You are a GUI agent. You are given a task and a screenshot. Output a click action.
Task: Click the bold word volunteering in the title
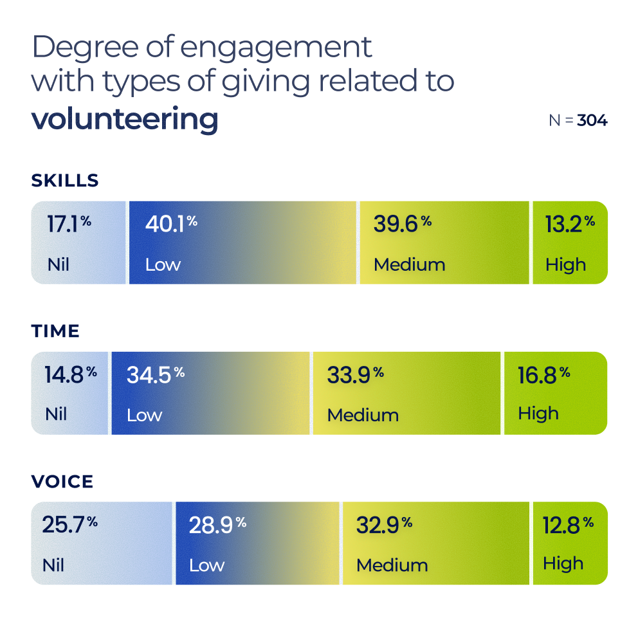click(125, 120)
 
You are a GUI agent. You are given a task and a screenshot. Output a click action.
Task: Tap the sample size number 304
click(592, 120)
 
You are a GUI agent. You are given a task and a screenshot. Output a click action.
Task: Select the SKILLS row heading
click(65, 181)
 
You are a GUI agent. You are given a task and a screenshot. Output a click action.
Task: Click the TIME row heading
click(55, 331)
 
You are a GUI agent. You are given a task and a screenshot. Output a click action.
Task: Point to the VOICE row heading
click(62, 482)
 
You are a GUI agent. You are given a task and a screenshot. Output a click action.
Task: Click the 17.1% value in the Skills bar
click(69, 224)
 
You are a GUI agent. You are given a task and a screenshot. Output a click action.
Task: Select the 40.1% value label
click(171, 224)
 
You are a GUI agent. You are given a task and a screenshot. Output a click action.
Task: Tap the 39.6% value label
click(402, 224)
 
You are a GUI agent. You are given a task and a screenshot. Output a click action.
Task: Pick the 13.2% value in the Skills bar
click(570, 224)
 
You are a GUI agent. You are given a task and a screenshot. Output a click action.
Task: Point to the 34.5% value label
click(155, 375)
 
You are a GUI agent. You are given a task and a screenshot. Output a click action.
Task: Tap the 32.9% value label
click(384, 525)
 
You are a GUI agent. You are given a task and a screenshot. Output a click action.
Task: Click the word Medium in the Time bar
click(363, 415)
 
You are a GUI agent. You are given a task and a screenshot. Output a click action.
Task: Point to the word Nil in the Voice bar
click(53, 565)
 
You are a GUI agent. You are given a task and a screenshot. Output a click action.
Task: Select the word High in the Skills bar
click(566, 264)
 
